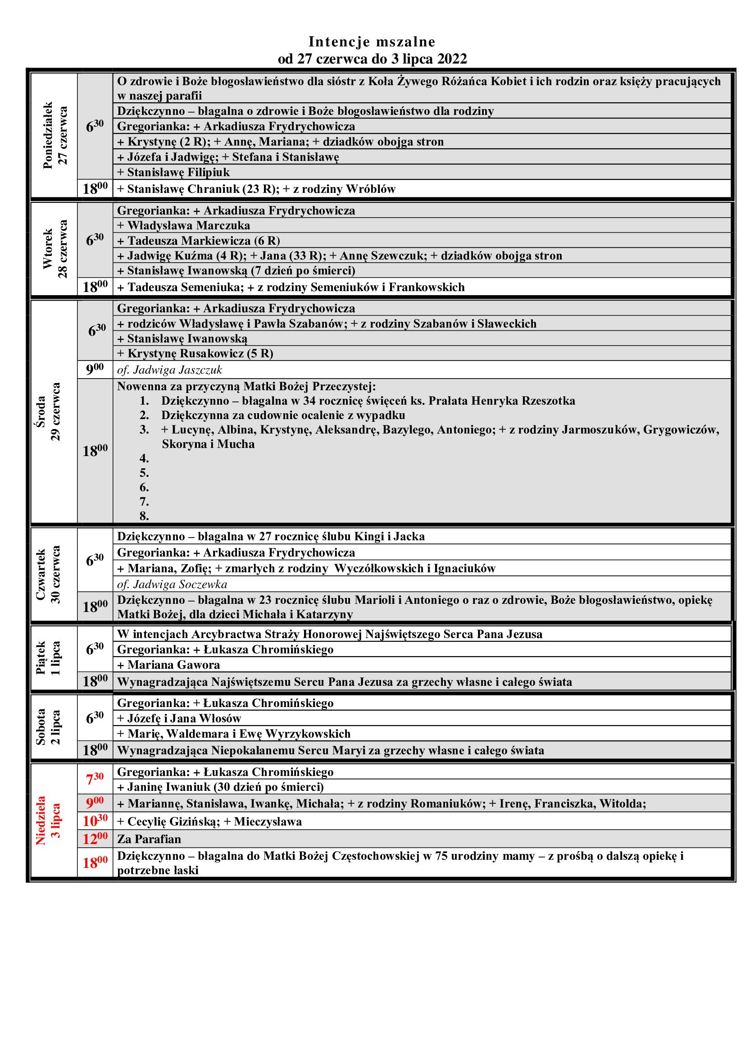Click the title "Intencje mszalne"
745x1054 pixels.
[372, 42]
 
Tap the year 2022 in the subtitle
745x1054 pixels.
[452, 59]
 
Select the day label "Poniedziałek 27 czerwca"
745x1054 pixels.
[55, 136]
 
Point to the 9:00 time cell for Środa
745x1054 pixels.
[95, 369]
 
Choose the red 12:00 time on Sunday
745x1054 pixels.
[95, 839]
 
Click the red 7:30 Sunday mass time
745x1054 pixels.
[95, 779]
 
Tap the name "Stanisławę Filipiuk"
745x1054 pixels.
[178, 173]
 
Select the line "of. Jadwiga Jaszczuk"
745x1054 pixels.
[169, 370]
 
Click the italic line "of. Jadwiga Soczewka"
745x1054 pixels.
[172, 584]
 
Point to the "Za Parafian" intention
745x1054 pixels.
[149, 839]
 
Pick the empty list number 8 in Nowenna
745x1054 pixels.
[144, 516]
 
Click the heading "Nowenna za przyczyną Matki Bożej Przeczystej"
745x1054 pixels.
[246, 387]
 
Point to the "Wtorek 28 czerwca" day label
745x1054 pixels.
[55, 249]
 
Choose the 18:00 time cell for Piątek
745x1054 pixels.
[95, 681]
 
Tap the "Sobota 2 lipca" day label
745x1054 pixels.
[48, 727]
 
